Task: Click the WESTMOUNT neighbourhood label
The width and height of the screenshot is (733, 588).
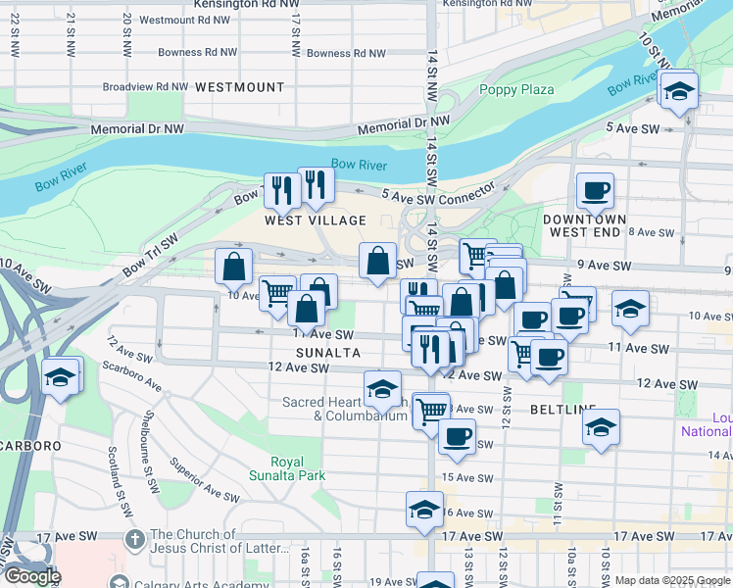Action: tap(239, 87)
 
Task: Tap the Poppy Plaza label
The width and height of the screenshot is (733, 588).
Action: tap(516, 90)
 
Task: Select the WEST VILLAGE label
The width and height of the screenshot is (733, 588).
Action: tap(315, 220)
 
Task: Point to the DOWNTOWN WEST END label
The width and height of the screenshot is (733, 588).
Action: tap(585, 225)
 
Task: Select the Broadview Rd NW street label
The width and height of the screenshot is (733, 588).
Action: tap(145, 86)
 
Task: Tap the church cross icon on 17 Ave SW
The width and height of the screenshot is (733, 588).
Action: tap(136, 538)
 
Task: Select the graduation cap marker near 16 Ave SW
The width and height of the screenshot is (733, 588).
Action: tap(424, 508)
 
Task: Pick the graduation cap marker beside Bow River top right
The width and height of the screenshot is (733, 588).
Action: tap(678, 90)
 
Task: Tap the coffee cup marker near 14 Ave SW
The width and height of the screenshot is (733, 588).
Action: tap(456, 436)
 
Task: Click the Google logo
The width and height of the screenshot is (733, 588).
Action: tap(32, 577)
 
